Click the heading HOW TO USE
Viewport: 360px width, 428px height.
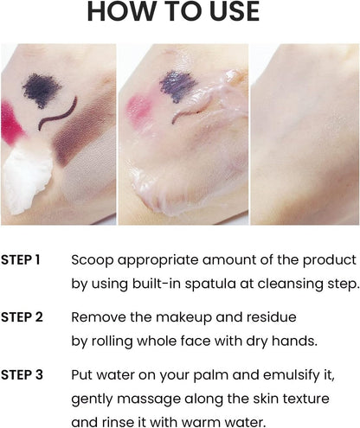click(173, 11)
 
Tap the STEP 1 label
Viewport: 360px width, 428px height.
click(20, 259)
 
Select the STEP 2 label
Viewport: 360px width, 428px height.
click(22, 317)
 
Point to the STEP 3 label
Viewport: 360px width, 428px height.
click(22, 375)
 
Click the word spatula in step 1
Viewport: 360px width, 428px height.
click(210, 284)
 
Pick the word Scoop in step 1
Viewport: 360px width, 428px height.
click(93, 260)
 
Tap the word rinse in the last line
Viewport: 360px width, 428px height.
click(118, 423)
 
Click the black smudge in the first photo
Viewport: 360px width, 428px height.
click(42, 89)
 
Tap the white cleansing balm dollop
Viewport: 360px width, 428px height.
click(28, 179)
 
